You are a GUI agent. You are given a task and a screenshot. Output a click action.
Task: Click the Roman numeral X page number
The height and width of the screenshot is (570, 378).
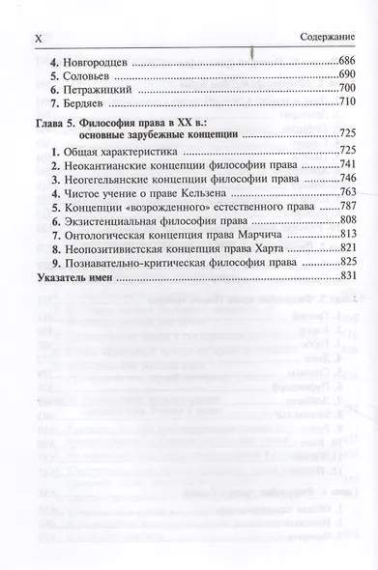39,36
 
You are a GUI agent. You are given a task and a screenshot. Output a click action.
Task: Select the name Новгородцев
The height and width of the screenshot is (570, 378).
93,62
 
